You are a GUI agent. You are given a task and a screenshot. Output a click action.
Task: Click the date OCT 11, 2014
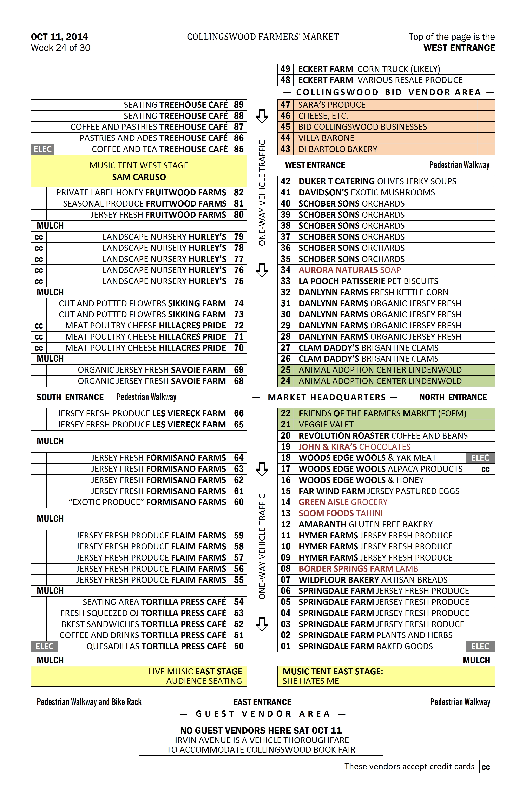coord(59,37)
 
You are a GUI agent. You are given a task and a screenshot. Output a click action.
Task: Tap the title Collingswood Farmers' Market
coord(263,37)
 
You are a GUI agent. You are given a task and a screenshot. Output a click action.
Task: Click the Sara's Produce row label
coord(331,105)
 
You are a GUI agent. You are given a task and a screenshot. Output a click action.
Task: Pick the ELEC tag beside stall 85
coord(43,149)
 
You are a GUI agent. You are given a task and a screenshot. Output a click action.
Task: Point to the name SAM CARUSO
coord(139,177)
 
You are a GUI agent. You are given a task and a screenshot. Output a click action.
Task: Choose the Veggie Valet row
coord(326,425)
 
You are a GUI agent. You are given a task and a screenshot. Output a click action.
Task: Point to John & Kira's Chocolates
coord(354,447)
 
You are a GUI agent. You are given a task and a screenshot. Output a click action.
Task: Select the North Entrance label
coord(453,398)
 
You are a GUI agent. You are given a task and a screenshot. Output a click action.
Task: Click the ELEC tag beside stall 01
coord(480,647)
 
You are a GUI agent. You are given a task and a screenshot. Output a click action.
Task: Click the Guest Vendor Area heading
coord(263,714)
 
